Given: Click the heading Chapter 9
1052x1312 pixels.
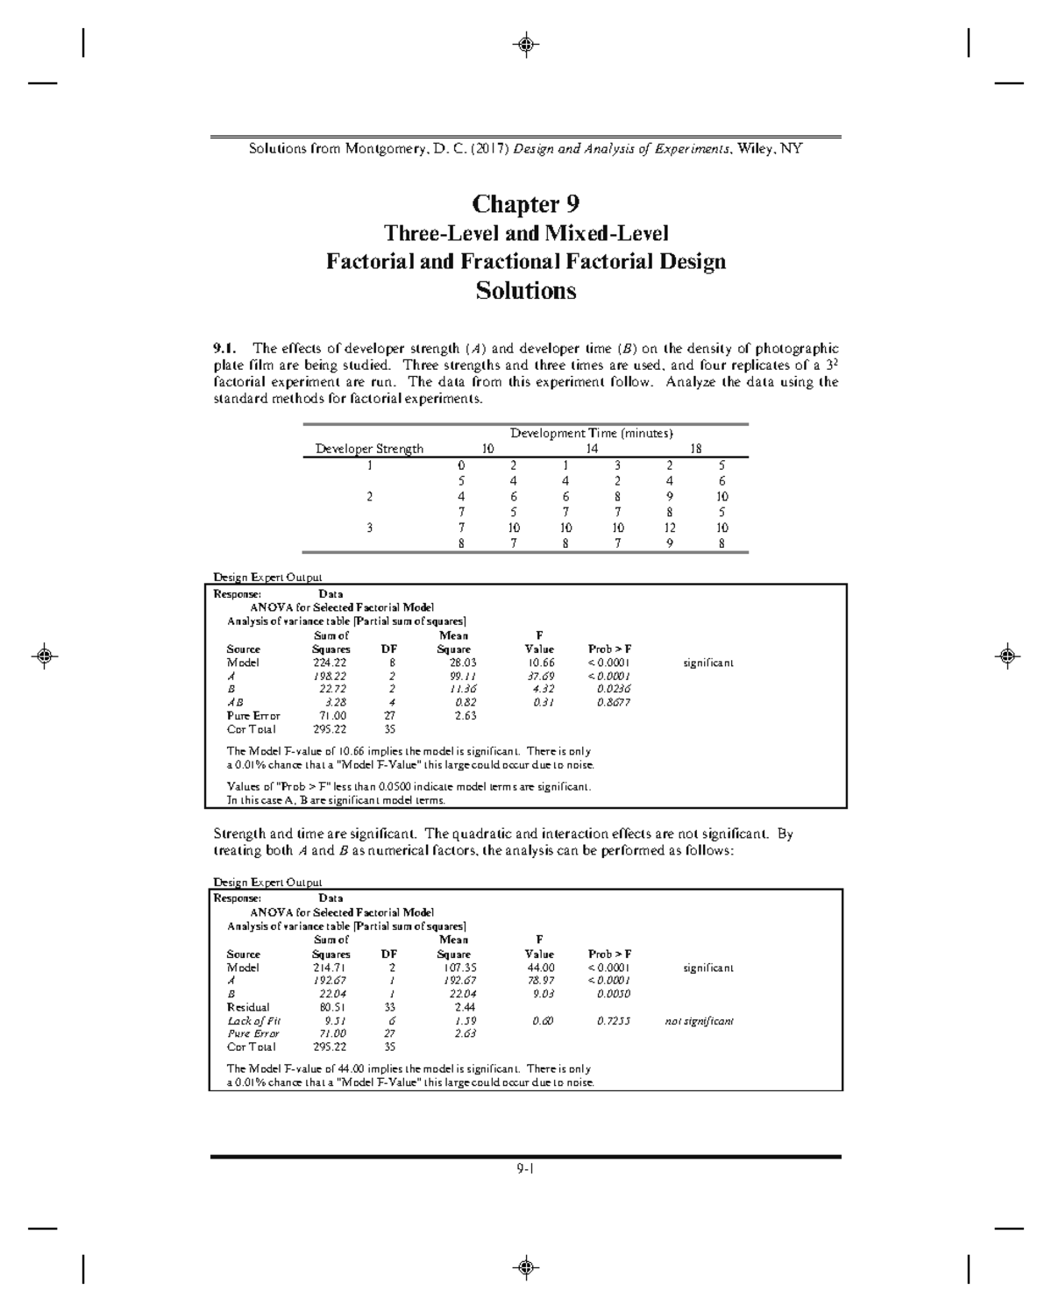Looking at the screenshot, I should pos(525,204).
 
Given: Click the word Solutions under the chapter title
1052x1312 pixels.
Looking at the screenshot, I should pos(525,291).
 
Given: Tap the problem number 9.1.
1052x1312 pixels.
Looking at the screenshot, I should pos(226,349).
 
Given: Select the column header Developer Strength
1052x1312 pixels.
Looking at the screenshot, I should pos(369,449).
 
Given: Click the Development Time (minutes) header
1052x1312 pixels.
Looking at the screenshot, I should pos(592,433).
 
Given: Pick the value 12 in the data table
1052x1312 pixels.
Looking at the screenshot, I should pos(670,528).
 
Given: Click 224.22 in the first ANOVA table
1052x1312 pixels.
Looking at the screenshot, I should pos(331,663).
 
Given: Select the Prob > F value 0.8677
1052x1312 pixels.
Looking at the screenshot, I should pos(613,703).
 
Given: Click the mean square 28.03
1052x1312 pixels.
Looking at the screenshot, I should pos(453,663).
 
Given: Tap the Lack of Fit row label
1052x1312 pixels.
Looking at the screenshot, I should pos(253,1021).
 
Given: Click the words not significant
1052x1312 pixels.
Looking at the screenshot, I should pos(699,1021).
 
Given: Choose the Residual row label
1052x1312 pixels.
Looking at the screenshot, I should pos(248,1008).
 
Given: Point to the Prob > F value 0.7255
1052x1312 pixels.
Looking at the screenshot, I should pos(613,1021).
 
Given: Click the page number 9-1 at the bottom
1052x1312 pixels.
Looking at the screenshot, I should pos(526,1168).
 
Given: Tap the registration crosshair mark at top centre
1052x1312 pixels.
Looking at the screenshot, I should pos(526,44).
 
